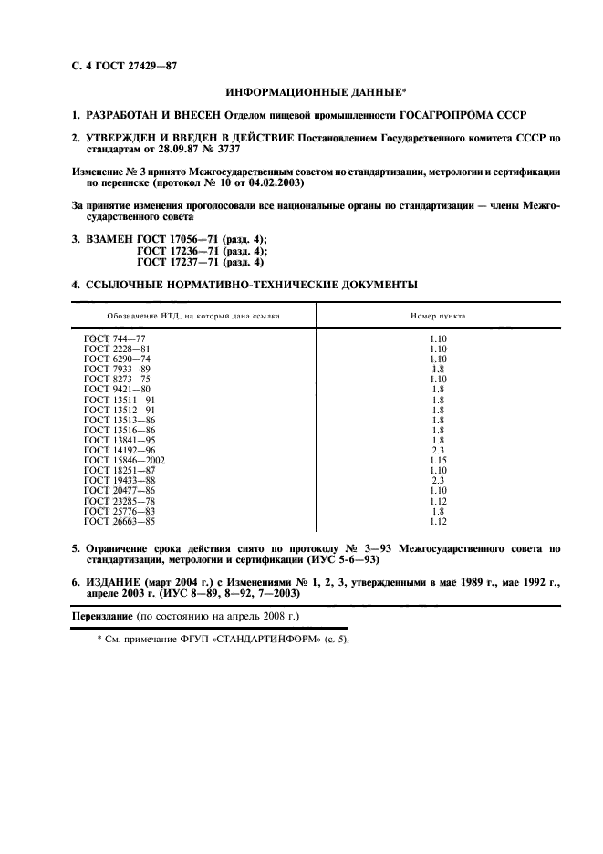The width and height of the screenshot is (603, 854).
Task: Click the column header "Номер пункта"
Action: [438, 315]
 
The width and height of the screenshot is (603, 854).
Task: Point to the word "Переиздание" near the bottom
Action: [102, 618]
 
